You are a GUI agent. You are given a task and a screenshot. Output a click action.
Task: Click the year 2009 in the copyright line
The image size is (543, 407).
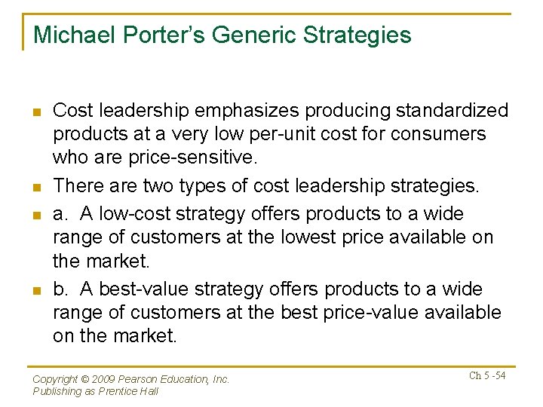click(108, 380)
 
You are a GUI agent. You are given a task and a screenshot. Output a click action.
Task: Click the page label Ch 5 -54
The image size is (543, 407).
click(486, 376)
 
